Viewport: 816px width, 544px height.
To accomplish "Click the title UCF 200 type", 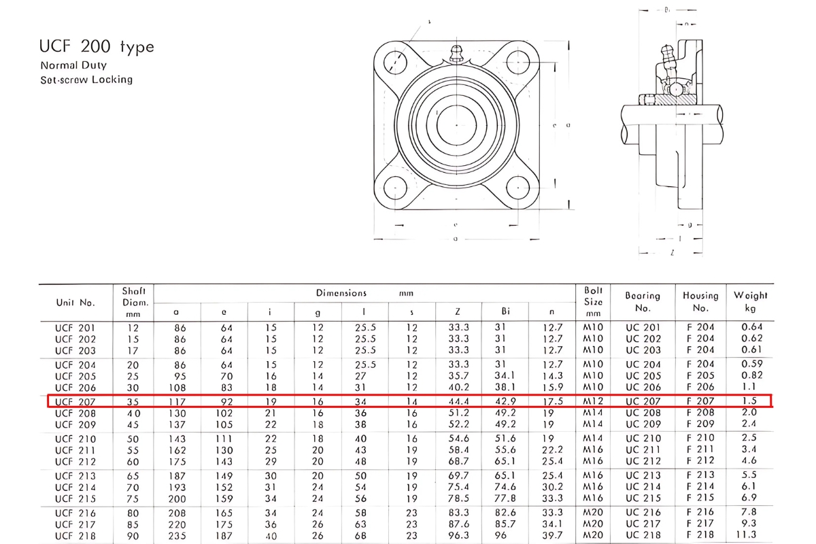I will tap(97, 47).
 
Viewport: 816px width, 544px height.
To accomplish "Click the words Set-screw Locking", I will tap(86, 80).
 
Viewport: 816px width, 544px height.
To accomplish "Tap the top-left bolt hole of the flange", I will tap(394, 61).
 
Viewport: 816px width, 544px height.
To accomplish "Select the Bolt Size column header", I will tap(594, 301).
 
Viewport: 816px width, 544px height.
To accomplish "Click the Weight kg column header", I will tap(750, 301).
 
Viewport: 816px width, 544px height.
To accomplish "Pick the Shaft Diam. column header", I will tap(134, 301).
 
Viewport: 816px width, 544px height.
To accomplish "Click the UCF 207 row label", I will tap(75, 401).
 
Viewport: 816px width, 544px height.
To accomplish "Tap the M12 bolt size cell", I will tap(594, 401).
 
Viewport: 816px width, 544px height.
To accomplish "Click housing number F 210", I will tap(700, 439).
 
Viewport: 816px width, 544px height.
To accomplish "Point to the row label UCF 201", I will tap(75, 327).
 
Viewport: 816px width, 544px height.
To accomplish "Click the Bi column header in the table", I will tap(505, 311).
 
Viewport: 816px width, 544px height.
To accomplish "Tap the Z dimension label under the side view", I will tap(672, 252).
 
